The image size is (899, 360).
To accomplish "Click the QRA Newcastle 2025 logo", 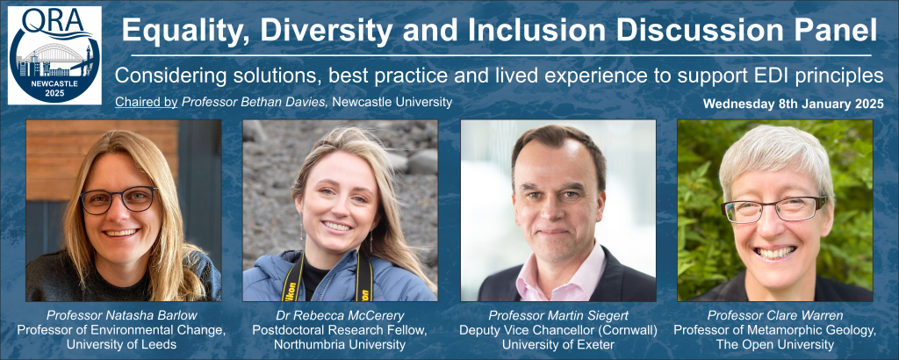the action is (54, 55).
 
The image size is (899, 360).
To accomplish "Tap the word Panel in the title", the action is (836, 31).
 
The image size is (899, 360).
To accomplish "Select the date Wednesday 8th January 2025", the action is (794, 104).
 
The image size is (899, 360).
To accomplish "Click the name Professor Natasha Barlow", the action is (123, 315).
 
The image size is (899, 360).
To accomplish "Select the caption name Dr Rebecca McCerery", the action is (340, 315).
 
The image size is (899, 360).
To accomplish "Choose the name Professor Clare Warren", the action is (774, 315).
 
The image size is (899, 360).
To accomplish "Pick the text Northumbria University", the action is (340, 345).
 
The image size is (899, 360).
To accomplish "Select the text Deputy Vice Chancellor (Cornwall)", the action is (557, 330).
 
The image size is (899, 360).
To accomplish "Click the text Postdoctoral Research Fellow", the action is (340, 330).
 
